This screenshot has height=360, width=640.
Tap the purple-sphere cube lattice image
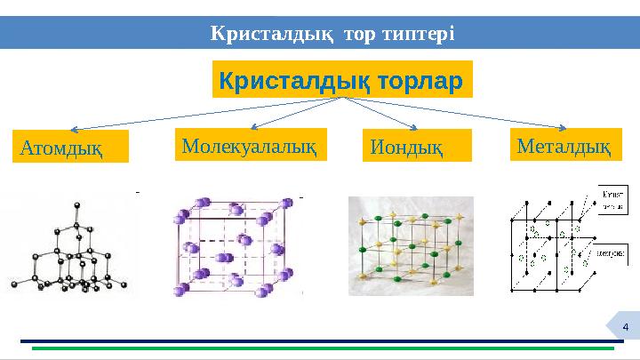click(238, 245)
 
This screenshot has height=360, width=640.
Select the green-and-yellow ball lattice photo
click(411, 245)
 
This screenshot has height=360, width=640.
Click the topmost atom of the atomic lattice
click(78, 206)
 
